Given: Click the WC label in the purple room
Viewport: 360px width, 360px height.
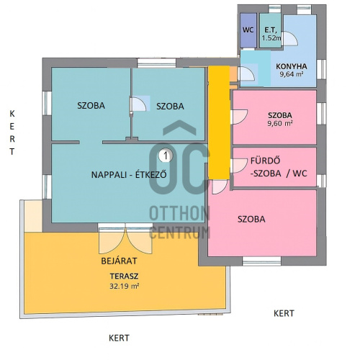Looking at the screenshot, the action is (x=248, y=30).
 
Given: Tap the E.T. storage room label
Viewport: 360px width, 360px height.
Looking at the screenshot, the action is (x=271, y=30).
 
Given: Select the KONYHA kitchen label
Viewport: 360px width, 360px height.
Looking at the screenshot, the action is (x=292, y=66).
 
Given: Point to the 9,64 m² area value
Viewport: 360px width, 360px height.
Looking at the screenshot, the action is (x=292, y=74).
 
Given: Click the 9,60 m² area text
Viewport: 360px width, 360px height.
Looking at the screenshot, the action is (x=280, y=123).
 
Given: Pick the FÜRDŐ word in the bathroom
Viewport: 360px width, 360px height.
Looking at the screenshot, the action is (x=265, y=161).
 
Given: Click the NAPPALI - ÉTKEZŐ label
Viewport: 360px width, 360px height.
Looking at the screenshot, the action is (x=129, y=174).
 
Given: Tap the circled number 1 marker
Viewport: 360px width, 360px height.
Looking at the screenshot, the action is (x=166, y=156).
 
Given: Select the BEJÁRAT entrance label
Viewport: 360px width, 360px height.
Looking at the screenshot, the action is (x=119, y=261).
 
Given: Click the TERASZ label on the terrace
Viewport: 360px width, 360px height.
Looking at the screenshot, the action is (x=124, y=276).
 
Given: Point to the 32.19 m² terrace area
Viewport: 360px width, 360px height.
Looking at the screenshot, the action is (x=125, y=286).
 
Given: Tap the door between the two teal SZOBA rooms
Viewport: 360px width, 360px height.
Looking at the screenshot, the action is (x=138, y=104).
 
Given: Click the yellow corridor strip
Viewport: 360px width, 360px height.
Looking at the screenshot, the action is (x=219, y=122).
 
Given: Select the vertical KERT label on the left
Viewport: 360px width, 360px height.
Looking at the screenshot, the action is (x=12, y=132).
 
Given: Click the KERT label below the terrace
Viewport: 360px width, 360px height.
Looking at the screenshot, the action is (x=119, y=338).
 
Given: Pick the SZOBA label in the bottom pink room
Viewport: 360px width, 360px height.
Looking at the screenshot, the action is (x=251, y=219).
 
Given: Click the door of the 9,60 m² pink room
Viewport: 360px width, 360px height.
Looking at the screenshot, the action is (x=239, y=117).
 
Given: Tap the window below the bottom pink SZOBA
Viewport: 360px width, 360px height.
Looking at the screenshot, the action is (x=261, y=261).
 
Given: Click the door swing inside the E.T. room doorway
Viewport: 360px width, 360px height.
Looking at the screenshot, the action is (x=291, y=38).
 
